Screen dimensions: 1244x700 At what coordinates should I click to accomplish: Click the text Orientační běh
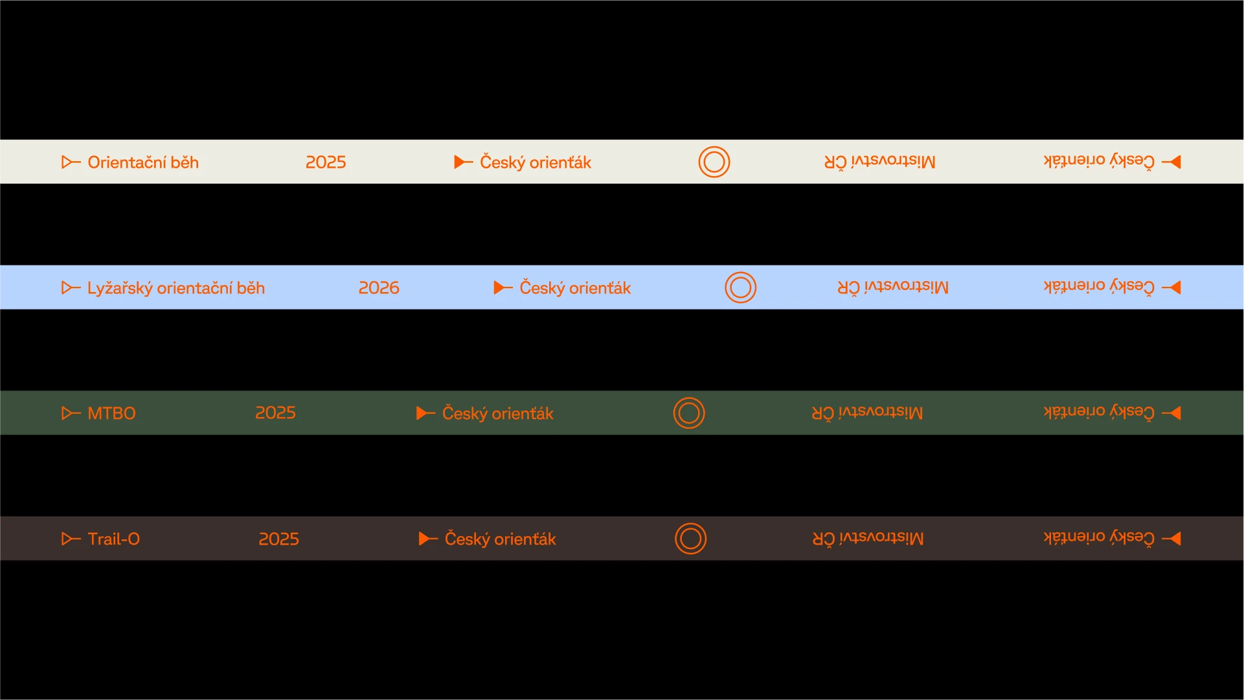tap(143, 162)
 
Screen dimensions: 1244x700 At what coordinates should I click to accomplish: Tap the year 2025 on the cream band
tap(326, 162)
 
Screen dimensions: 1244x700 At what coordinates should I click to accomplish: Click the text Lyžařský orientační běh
tap(176, 288)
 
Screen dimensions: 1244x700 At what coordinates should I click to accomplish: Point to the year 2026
tap(379, 288)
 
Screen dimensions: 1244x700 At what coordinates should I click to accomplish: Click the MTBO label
tap(111, 413)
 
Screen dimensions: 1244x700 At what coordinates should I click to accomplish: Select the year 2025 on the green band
tap(275, 412)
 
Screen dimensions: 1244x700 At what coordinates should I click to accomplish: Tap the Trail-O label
tap(114, 539)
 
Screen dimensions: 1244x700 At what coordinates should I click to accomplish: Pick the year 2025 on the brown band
tap(278, 539)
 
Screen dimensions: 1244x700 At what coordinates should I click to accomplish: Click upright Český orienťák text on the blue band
tap(575, 288)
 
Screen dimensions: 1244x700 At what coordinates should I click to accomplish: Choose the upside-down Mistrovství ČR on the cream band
tap(880, 161)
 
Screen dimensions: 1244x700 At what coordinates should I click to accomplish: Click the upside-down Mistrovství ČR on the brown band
tap(868, 538)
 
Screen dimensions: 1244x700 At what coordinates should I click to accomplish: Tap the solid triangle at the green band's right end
tap(1175, 412)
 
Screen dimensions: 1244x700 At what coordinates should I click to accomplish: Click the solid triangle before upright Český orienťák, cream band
tap(461, 162)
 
